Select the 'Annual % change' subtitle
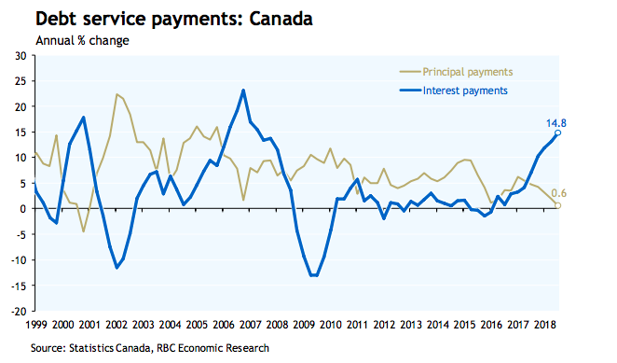82,41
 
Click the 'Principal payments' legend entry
467,71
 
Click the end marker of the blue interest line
557,133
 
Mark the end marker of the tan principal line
558,205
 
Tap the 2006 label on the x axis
224,324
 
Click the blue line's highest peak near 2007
243,91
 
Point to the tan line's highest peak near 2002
117,94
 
